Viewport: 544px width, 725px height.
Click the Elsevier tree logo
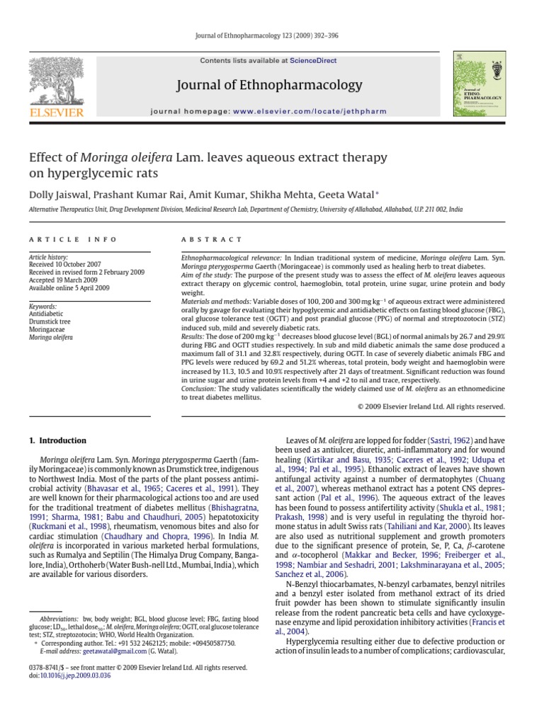pyautogui.click(x=55, y=79)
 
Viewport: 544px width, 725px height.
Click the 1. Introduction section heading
pyautogui.click(x=58, y=440)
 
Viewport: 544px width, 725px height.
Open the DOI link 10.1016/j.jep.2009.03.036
pyautogui.click(x=74, y=676)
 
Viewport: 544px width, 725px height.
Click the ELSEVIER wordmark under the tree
pyautogui.click(x=55, y=113)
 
